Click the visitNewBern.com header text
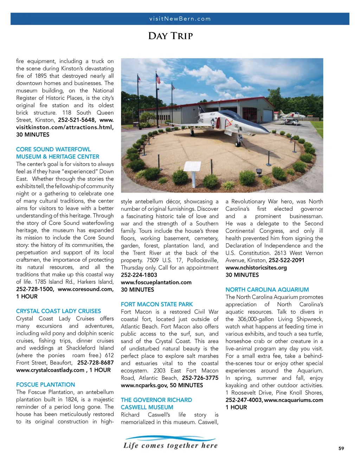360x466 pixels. point(180,19)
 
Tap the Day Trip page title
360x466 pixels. point(171,36)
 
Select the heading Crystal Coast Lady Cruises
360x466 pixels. point(58,311)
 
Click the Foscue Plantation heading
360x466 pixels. point(45,385)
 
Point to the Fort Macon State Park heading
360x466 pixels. point(157,304)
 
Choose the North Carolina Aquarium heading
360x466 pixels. point(267,290)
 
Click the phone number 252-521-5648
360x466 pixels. point(77,120)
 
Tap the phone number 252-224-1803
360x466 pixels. point(139,275)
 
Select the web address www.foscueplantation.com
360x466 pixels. point(156,282)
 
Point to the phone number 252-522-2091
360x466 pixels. point(287,260)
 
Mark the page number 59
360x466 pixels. point(341,448)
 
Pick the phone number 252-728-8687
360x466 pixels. point(95,363)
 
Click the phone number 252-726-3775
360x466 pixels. point(200,378)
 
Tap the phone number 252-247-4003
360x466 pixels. point(244,400)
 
